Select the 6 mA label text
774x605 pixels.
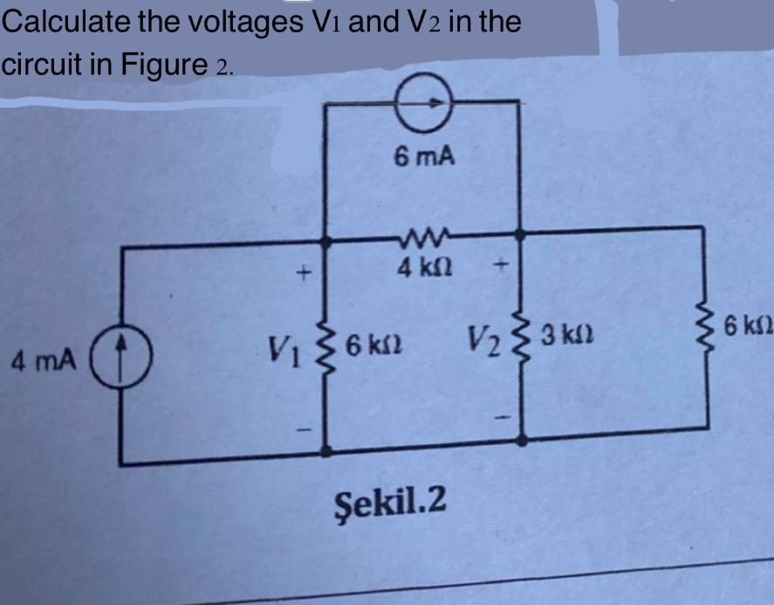(424, 157)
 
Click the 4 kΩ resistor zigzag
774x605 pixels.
(423, 234)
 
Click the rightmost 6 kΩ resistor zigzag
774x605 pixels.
(705, 334)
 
